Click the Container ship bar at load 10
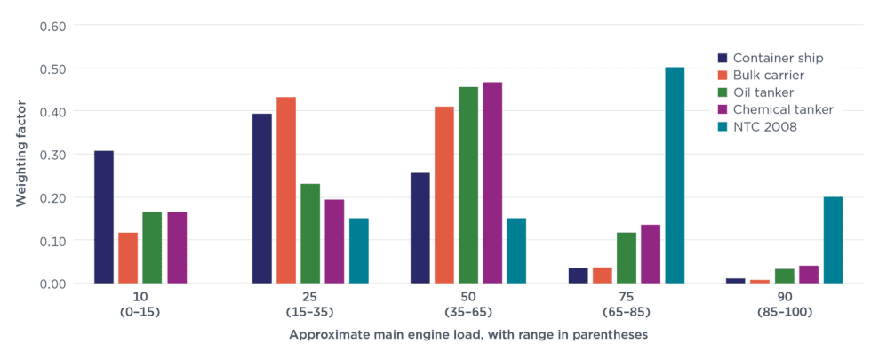(104, 217)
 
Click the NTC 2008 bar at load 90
(833, 240)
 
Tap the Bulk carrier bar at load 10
(128, 258)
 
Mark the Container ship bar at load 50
(420, 228)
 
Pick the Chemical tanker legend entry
(783, 110)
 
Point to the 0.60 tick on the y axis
(54, 26)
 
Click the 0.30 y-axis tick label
(54, 155)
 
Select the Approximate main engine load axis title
(468, 335)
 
